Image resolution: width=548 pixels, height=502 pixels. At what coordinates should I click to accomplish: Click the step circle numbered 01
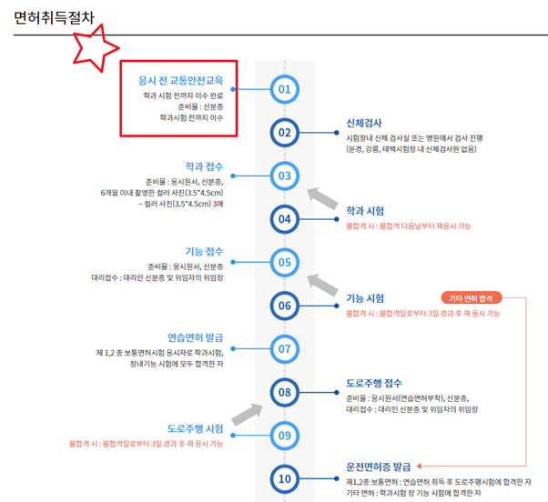[x=284, y=89]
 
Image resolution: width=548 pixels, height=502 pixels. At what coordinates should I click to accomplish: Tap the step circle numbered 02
[x=284, y=132]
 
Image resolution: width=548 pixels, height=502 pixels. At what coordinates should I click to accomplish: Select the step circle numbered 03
[x=284, y=175]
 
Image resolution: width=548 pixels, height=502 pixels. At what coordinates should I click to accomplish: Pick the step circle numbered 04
[x=284, y=218]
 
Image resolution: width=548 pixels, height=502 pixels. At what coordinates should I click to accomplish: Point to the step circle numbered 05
[x=284, y=262]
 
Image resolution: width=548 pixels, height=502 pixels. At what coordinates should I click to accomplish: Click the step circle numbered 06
[x=284, y=306]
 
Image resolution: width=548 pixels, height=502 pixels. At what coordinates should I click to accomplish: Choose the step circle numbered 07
[x=284, y=348]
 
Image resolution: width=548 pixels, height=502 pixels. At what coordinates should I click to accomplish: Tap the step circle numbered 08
[x=284, y=392]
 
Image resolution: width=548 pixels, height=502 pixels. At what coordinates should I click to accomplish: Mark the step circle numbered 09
[x=284, y=435]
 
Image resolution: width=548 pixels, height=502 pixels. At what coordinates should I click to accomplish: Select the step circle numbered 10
[x=284, y=478]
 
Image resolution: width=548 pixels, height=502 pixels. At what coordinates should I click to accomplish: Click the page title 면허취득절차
[x=53, y=17]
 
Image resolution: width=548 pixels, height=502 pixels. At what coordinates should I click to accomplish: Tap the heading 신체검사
[x=364, y=122]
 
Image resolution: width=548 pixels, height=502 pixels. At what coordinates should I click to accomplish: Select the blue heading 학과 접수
[x=205, y=166]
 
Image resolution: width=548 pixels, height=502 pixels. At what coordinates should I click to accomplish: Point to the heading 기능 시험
[x=365, y=297]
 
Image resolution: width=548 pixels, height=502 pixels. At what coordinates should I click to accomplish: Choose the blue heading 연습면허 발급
[x=196, y=336]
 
